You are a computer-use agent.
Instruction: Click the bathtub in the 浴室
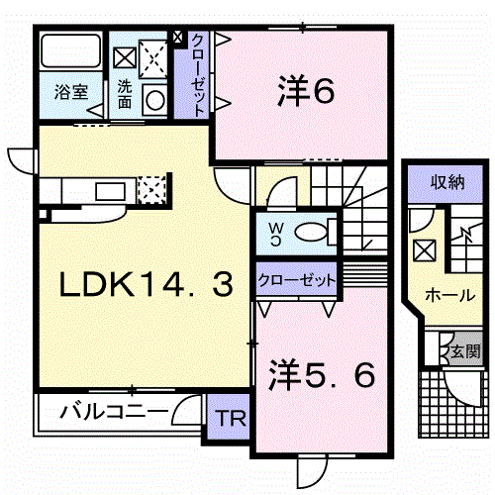[70, 50]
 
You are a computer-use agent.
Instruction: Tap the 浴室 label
[71, 92]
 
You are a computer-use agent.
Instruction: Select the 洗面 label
[125, 94]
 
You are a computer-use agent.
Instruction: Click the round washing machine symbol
[155, 100]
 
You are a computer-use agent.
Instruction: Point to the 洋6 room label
[306, 90]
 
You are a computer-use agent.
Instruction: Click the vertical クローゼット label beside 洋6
[198, 75]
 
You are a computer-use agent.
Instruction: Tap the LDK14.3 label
[147, 285]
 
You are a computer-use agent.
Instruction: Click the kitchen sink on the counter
[111, 191]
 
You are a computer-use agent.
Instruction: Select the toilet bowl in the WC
[311, 232]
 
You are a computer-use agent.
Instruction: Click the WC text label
[276, 234]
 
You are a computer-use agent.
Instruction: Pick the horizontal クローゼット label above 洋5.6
[297, 280]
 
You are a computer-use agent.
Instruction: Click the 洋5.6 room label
[322, 374]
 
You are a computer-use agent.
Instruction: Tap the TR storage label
[232, 419]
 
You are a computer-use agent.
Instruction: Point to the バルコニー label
[114, 411]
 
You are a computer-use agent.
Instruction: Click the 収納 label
[447, 182]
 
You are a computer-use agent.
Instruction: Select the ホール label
[450, 295]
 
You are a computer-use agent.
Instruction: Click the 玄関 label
[465, 350]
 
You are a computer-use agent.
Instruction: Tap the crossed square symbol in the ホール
[425, 250]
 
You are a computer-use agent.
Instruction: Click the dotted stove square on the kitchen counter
[151, 190]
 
